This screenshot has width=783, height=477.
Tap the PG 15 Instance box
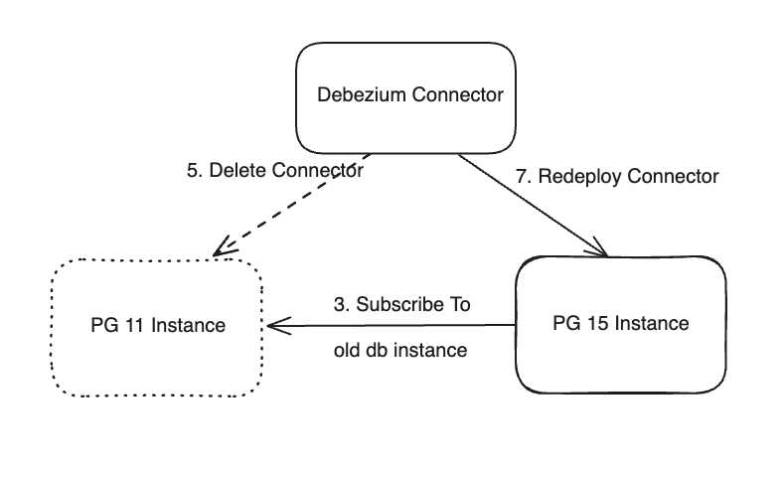[x=621, y=324]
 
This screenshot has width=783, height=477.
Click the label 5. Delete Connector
[x=274, y=170]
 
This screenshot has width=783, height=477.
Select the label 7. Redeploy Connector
[x=617, y=177]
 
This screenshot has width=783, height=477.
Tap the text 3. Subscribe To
[x=401, y=304]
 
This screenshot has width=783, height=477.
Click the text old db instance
[x=400, y=351]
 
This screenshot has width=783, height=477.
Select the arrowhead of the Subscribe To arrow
[x=272, y=325]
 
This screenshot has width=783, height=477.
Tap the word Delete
[x=230, y=170]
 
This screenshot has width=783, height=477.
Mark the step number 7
[x=522, y=177]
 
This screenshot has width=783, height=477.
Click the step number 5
[x=193, y=170]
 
